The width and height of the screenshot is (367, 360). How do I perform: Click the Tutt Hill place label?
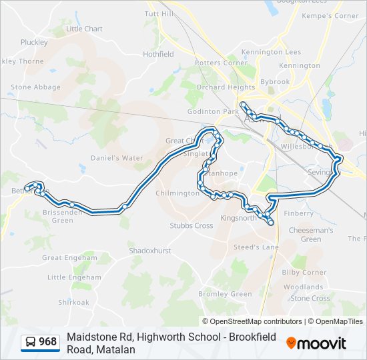click(159, 13)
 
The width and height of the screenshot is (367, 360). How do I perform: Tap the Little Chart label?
click(84, 29)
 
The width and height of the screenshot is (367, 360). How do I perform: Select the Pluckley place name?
click(34, 42)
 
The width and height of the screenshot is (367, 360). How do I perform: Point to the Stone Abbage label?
click(35, 87)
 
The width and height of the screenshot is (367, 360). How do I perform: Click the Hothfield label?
click(158, 54)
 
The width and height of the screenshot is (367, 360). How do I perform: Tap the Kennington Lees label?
click(271, 51)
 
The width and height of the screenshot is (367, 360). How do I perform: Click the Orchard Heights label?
click(227, 87)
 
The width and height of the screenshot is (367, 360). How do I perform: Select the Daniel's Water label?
click(117, 158)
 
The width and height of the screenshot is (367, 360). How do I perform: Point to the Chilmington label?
click(177, 193)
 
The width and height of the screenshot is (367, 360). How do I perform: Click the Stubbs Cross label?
click(191, 225)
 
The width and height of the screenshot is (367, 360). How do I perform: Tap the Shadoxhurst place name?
click(150, 251)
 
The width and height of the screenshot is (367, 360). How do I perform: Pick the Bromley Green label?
click(225, 294)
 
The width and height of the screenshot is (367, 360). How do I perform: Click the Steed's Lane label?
click(256, 247)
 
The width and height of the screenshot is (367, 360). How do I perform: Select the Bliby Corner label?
click(304, 272)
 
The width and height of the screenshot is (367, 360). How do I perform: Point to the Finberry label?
click(299, 213)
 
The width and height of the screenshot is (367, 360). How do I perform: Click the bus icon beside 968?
click(31, 343)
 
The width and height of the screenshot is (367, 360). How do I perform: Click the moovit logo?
click(316, 343)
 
